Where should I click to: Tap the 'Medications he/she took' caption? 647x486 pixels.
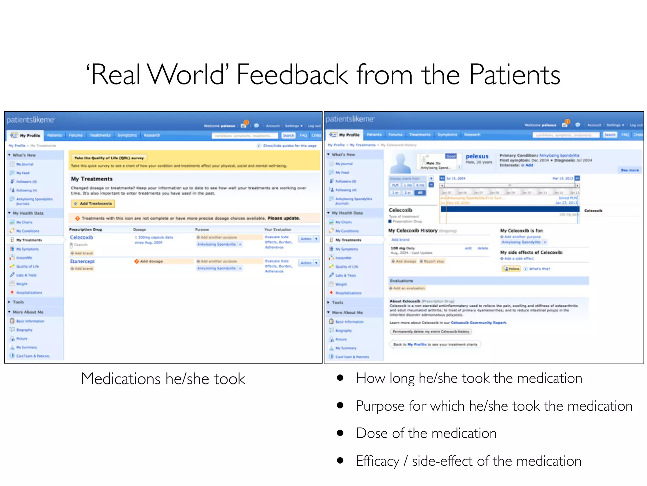pyautogui.click(x=163, y=379)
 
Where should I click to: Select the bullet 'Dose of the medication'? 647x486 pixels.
pyautogui.click(x=426, y=433)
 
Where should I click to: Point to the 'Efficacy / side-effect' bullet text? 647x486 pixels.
pyautogui.click(x=468, y=461)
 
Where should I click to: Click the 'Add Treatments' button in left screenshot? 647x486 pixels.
pyautogui.click(x=93, y=203)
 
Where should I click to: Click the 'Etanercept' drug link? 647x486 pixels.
pyautogui.click(x=82, y=261)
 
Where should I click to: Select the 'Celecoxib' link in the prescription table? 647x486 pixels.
pyautogui.click(x=82, y=237)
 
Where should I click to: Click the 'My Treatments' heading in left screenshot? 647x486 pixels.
pyautogui.click(x=92, y=179)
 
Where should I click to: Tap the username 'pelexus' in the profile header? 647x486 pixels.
pyautogui.click(x=477, y=156)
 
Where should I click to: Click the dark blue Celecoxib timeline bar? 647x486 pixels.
pyautogui.click(x=510, y=209)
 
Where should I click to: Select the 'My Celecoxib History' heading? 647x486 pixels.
pyautogui.click(x=413, y=231)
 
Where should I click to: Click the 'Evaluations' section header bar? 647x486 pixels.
pyautogui.click(x=488, y=281)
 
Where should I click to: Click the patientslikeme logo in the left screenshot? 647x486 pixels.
pyautogui.click(x=31, y=120)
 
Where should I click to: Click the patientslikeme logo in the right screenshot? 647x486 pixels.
pyautogui.click(x=350, y=119)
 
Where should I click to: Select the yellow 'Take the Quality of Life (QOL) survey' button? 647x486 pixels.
pyautogui.click(x=109, y=158)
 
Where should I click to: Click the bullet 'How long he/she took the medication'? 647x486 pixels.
pyautogui.click(x=469, y=378)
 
